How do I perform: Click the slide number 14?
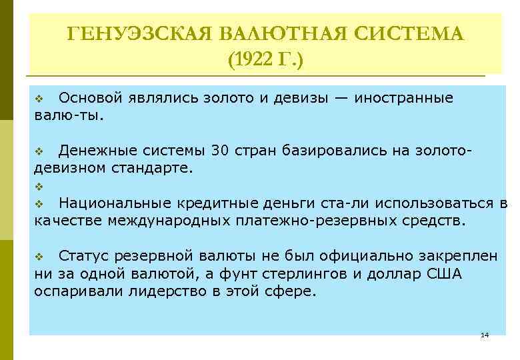(x=485, y=335)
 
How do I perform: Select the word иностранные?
(x=404, y=98)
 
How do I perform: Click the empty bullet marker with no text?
(x=39, y=186)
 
